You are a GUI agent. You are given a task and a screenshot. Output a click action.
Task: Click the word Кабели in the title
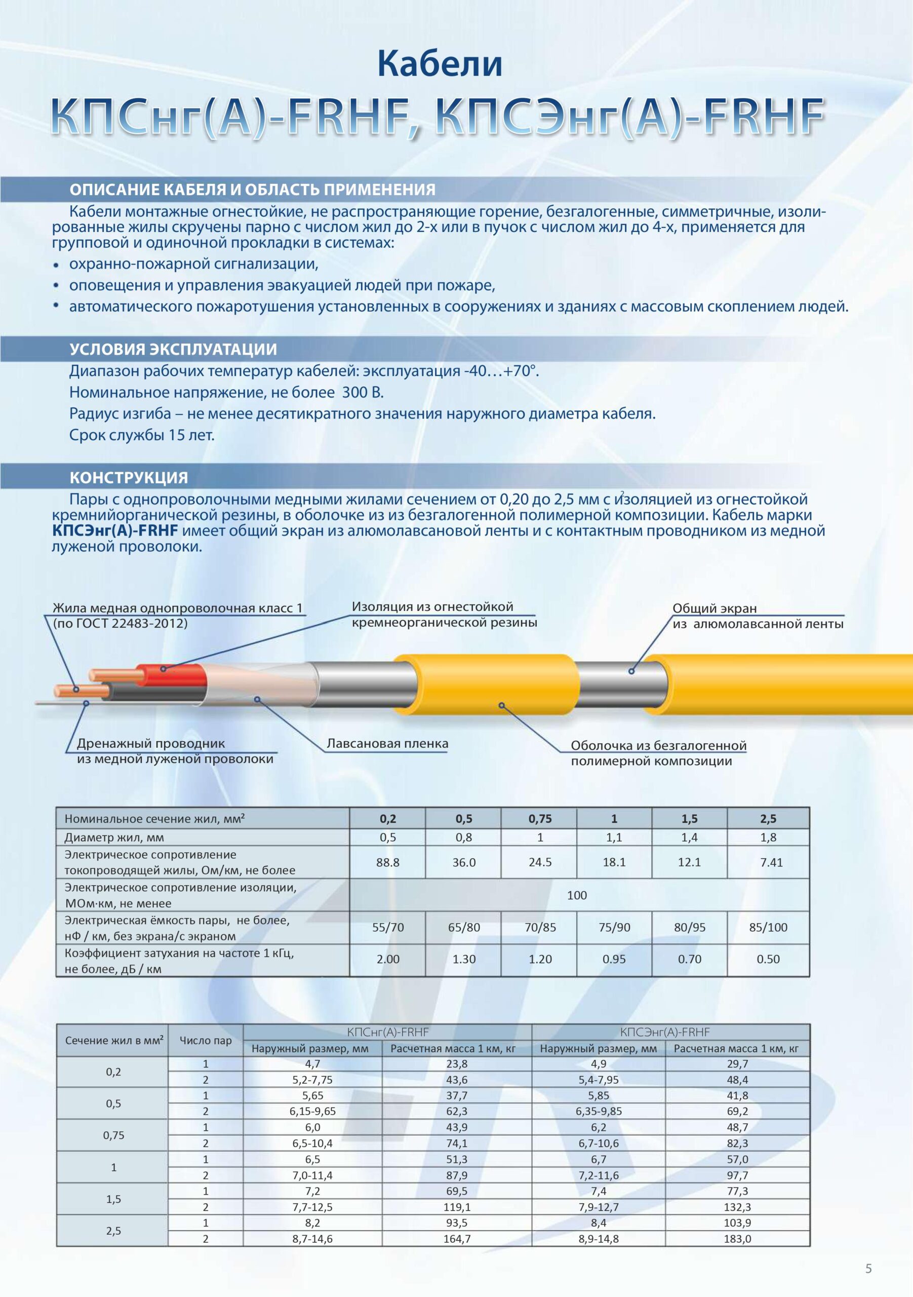[439, 64]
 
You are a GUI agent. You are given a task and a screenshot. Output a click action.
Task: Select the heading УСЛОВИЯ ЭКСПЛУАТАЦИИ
[173, 349]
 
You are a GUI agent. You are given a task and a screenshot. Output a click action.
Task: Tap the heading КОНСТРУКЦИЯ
[128, 477]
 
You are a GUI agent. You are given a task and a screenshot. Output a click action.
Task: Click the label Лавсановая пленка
[387, 743]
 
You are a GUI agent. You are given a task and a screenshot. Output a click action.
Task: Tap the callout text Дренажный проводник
[151, 743]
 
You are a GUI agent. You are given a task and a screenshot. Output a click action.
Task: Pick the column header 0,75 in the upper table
[540, 819]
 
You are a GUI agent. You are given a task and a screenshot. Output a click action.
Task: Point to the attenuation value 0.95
[614, 959]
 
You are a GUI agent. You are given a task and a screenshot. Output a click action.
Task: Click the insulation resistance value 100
[576, 895]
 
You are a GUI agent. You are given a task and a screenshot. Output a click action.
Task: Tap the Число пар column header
[206, 1040]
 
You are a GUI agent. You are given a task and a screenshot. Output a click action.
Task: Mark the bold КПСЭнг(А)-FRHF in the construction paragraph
[115, 530]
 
